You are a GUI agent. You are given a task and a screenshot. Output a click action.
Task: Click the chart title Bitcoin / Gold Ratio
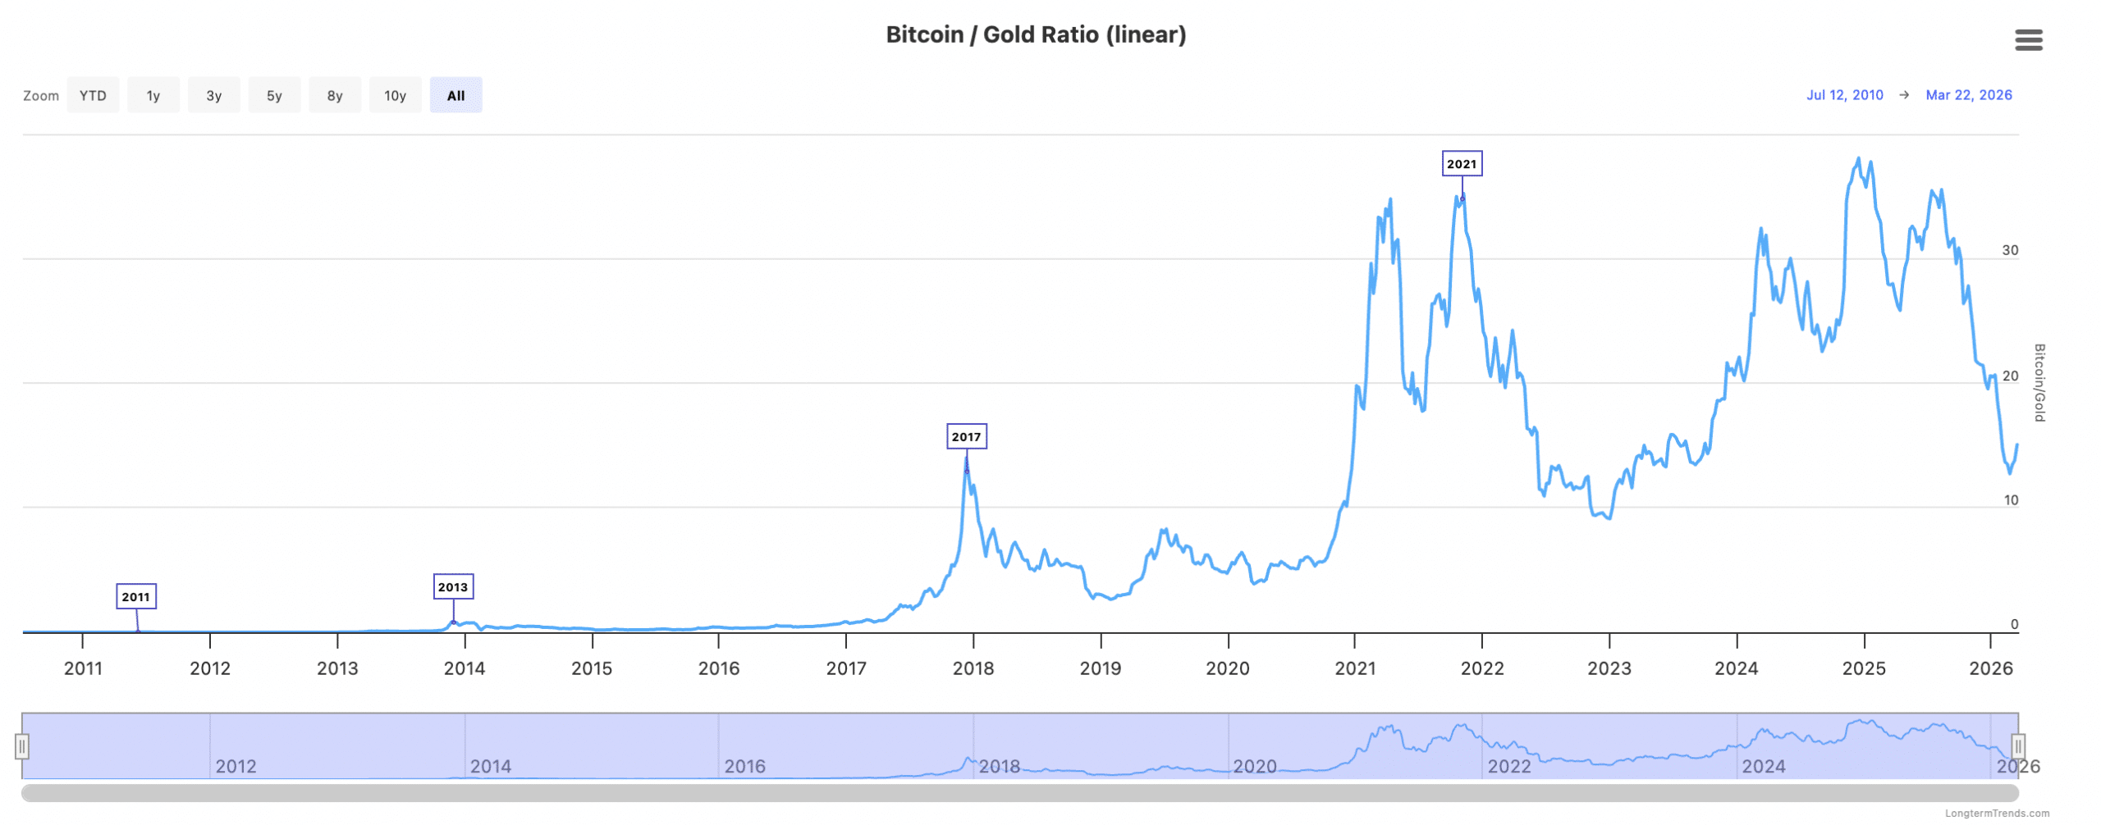click(x=1036, y=34)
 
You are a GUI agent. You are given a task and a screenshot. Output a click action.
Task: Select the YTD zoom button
click(x=93, y=95)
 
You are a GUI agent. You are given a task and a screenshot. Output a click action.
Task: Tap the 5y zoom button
click(x=274, y=95)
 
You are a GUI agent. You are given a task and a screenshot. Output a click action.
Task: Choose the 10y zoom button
click(x=395, y=95)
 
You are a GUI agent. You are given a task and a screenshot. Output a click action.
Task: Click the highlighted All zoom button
click(x=455, y=95)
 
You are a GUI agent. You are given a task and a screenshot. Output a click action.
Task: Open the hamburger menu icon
click(x=2028, y=39)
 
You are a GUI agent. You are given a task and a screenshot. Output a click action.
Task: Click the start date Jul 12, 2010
click(x=1844, y=95)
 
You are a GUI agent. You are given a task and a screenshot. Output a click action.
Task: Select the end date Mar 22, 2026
click(x=1968, y=95)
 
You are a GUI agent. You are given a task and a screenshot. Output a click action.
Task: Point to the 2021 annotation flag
click(x=1461, y=164)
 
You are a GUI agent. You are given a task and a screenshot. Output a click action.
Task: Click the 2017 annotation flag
click(x=966, y=437)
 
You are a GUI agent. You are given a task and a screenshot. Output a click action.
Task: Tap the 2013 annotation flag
click(x=452, y=587)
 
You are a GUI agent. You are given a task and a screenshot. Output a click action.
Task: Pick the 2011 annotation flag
click(x=135, y=597)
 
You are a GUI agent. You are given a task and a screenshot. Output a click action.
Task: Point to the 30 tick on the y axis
click(x=2010, y=250)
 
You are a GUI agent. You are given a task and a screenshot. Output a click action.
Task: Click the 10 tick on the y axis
click(x=2011, y=500)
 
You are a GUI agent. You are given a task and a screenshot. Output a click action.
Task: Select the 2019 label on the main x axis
click(x=1100, y=668)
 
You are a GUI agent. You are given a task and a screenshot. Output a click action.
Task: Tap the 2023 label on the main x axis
click(x=1609, y=668)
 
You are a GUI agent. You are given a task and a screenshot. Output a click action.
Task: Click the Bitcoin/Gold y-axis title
click(x=2039, y=383)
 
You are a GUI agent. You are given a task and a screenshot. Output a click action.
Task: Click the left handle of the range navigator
click(x=22, y=746)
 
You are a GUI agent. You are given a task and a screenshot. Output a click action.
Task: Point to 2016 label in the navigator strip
click(x=744, y=767)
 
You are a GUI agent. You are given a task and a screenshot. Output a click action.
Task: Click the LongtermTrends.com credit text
click(x=1997, y=814)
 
